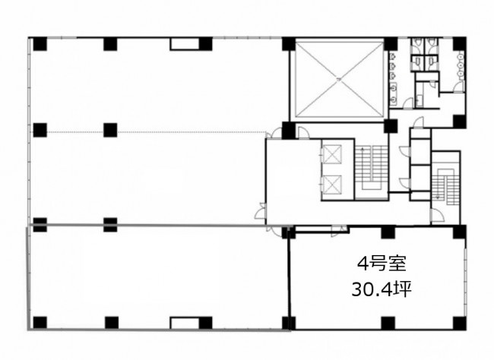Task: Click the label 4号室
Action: click(x=382, y=264)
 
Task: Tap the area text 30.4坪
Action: click(x=382, y=289)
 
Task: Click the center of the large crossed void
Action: click(x=339, y=80)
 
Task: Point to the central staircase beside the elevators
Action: click(x=372, y=168)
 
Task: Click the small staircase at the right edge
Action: click(x=445, y=188)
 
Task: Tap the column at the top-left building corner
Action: click(x=40, y=44)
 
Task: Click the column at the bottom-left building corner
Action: click(x=40, y=323)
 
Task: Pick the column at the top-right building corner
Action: click(x=459, y=43)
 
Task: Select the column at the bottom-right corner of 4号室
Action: click(x=459, y=323)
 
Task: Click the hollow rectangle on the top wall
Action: click(x=185, y=44)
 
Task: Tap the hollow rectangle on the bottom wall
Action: click(x=185, y=323)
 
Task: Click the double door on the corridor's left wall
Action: click(x=261, y=211)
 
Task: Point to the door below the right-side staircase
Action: click(x=437, y=216)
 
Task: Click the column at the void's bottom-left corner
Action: click(x=288, y=129)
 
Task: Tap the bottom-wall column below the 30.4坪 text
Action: click(x=388, y=323)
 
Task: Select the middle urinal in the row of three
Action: click(x=393, y=66)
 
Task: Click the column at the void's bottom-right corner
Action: click(x=391, y=125)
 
